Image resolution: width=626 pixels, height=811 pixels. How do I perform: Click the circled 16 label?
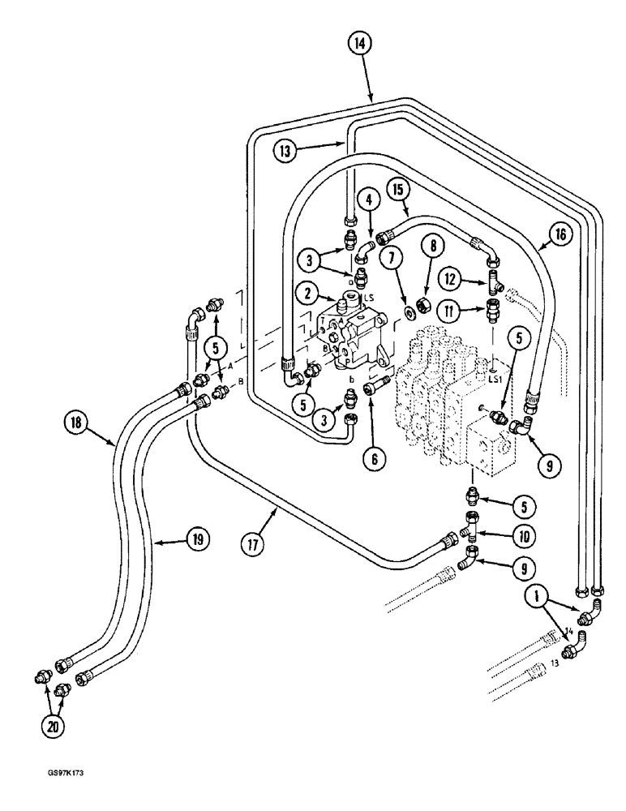click(566, 234)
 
